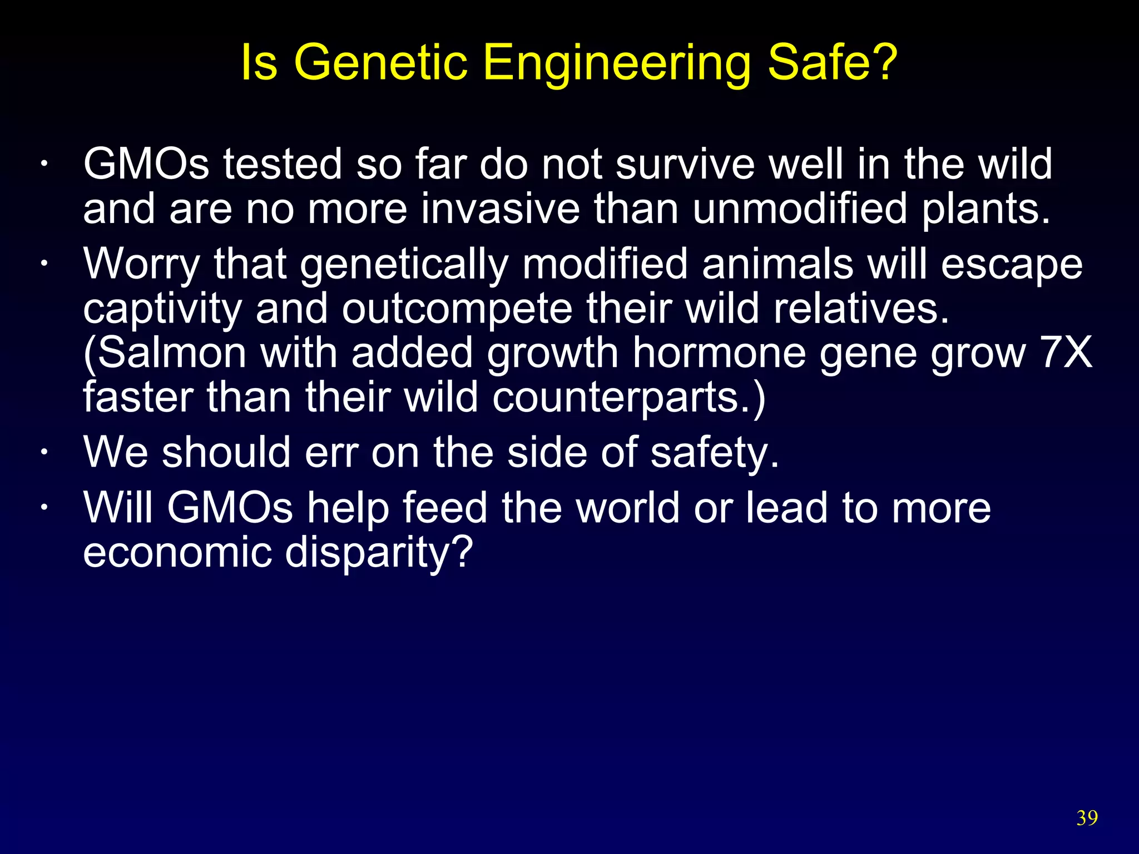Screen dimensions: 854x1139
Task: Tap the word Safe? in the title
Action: tap(832, 62)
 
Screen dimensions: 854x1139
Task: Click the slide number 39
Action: tap(1087, 818)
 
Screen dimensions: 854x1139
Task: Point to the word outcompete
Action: tap(457, 309)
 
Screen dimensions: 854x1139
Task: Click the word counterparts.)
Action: tap(628, 398)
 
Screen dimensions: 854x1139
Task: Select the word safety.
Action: tap(715, 453)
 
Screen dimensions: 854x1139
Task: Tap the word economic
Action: tap(177, 553)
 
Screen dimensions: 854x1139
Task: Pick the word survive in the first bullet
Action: tap(685, 165)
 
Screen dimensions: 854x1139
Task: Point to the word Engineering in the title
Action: tap(617, 63)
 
